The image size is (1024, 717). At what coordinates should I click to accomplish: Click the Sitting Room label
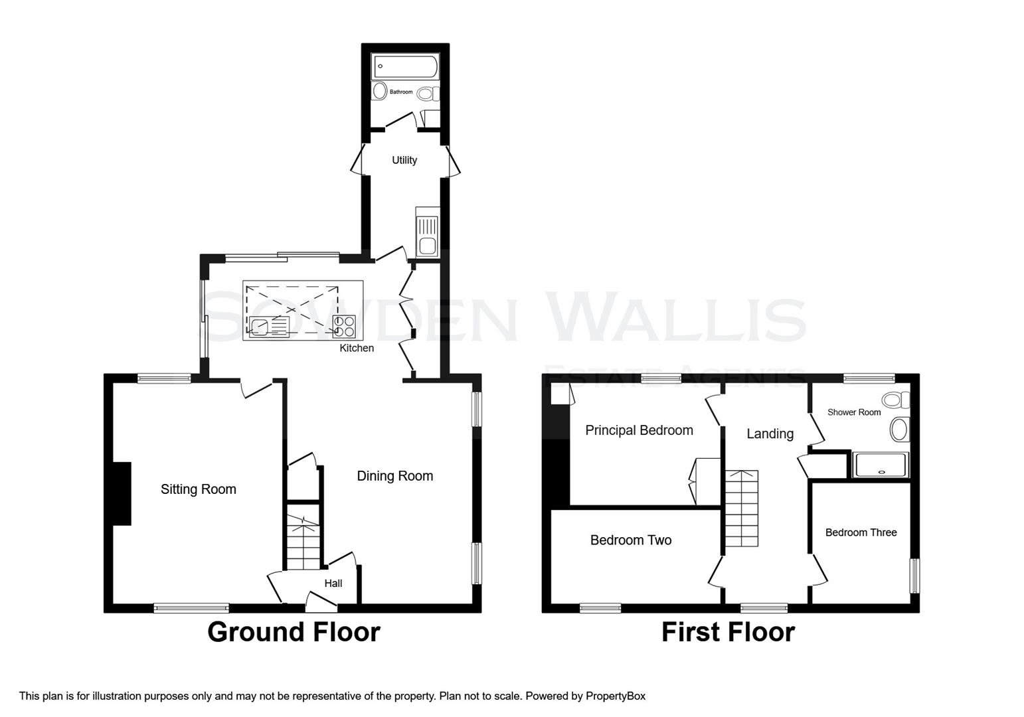click(x=198, y=489)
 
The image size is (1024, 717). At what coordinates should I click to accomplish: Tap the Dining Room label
click(x=394, y=476)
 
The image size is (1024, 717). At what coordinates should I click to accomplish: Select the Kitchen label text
click(x=357, y=348)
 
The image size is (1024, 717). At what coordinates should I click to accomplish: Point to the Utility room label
click(x=404, y=160)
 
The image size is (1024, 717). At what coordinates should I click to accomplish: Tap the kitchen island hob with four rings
click(x=345, y=325)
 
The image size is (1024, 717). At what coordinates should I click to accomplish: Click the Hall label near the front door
click(x=333, y=584)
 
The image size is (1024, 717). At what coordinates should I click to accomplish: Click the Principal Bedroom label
click(x=639, y=430)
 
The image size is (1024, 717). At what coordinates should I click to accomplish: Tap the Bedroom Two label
click(x=630, y=540)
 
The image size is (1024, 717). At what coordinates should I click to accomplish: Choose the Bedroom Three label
click(x=861, y=532)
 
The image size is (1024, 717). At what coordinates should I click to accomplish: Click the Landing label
click(x=770, y=434)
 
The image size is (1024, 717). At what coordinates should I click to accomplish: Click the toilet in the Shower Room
click(x=896, y=400)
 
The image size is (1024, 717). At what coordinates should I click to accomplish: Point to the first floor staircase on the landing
click(x=741, y=509)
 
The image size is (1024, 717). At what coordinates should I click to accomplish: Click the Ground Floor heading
click(x=294, y=632)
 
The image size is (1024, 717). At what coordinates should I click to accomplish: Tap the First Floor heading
click(x=728, y=632)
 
